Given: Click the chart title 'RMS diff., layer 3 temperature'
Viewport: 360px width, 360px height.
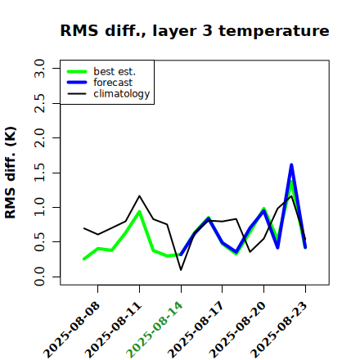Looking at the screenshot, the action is click(195, 30).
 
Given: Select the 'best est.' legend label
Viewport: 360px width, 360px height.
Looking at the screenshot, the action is click(115, 71).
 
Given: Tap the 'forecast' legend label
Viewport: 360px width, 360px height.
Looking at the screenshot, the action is click(113, 83).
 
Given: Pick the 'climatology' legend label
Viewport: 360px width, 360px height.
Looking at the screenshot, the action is click(122, 94).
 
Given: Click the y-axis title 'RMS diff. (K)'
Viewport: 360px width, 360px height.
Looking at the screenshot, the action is click(11, 173).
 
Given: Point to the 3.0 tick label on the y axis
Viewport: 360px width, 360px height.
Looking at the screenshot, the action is click(39, 68).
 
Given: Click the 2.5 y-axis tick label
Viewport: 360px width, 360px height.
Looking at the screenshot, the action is click(39, 103).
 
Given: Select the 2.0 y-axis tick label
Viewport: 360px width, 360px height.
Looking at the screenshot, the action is click(39, 137).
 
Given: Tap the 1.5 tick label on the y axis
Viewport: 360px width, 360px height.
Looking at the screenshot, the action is click(39, 173).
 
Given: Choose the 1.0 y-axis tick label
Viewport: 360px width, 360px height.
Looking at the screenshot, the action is click(39, 207).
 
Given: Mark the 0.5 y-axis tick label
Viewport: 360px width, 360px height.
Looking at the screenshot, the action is click(39, 242).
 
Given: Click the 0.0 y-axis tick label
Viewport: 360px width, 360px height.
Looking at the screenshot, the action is click(39, 277).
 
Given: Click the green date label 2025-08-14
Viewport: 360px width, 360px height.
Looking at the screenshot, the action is click(154, 330).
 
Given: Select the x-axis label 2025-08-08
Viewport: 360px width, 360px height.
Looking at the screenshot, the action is click(71, 330).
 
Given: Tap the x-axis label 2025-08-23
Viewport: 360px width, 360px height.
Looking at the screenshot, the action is click(278, 330).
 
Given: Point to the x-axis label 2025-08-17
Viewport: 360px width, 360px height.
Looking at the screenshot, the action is click(196, 330).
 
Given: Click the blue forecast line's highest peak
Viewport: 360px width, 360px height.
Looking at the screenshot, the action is click(291, 164).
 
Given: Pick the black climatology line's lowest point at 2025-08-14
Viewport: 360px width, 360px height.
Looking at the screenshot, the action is click(181, 270).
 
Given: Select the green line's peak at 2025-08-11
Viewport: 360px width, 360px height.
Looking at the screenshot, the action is click(139, 211).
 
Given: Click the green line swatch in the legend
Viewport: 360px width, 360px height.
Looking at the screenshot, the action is click(77, 71).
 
